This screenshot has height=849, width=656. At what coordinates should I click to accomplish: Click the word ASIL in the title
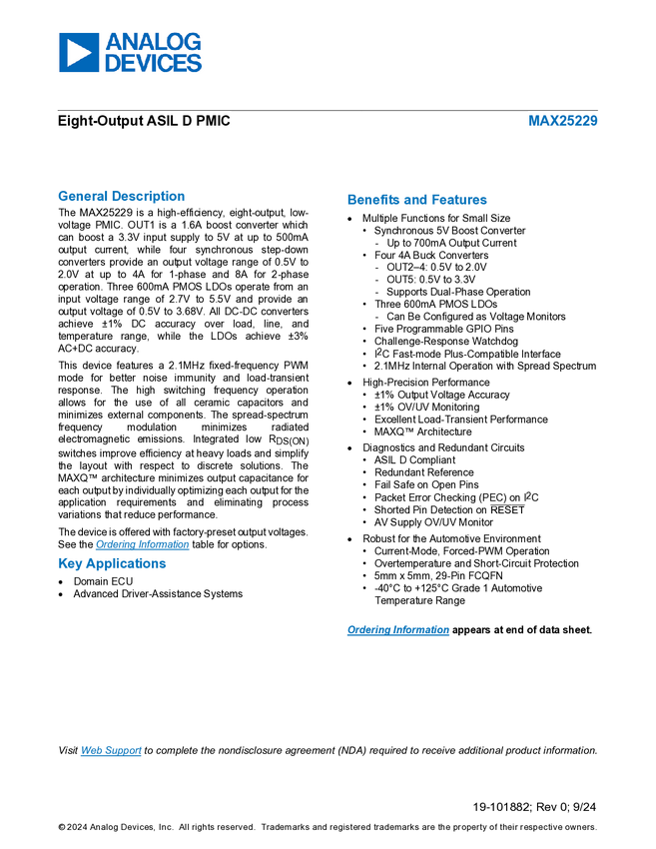(x=157, y=122)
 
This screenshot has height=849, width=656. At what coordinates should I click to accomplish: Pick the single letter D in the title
(x=187, y=122)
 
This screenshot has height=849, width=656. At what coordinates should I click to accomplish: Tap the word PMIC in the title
(x=214, y=122)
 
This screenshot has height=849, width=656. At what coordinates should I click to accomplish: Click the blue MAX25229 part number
(x=563, y=122)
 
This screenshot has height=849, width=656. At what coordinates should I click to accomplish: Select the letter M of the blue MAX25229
(x=534, y=122)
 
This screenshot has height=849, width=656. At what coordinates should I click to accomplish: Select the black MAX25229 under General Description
(x=106, y=213)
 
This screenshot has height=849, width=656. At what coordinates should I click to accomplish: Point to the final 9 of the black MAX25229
(x=131, y=213)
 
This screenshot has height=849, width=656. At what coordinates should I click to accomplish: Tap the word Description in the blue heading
(x=149, y=196)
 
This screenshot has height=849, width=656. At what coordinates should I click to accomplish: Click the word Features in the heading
(x=460, y=200)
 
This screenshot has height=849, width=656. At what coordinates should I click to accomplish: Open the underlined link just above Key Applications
(x=142, y=544)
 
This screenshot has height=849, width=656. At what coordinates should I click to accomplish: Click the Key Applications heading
(x=113, y=564)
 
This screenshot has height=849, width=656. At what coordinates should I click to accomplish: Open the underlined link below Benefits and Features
(x=398, y=630)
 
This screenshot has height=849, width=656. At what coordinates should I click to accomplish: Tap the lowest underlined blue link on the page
(x=111, y=751)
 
